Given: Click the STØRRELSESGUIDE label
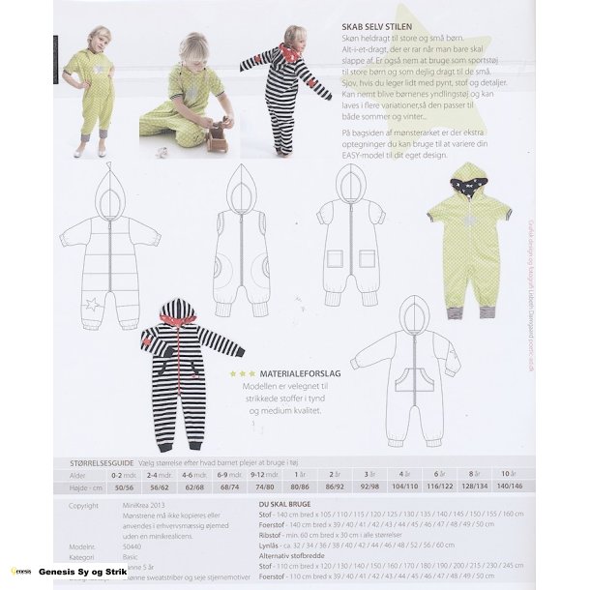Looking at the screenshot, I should (95, 464).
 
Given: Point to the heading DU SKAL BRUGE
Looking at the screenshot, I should (284, 505).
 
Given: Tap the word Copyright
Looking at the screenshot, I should (83, 505).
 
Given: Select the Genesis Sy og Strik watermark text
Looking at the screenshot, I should (83, 573).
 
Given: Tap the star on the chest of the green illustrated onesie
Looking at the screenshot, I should (469, 221).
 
